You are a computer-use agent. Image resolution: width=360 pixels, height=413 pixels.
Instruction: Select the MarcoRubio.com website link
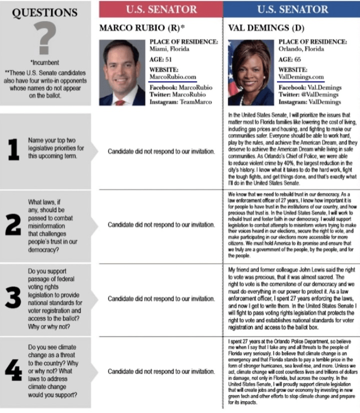point(173,76)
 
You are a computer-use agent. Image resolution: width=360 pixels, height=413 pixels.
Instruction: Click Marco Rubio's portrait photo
point(122,72)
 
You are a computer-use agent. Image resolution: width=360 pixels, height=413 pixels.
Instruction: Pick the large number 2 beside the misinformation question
point(13,224)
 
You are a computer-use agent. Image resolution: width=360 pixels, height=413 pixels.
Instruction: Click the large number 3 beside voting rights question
point(13,298)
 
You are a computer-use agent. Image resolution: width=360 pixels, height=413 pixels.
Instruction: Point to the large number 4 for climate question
point(13,371)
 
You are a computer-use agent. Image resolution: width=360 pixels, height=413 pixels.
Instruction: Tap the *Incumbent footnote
point(45,62)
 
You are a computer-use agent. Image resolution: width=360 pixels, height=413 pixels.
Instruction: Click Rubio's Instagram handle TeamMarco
point(195,102)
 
